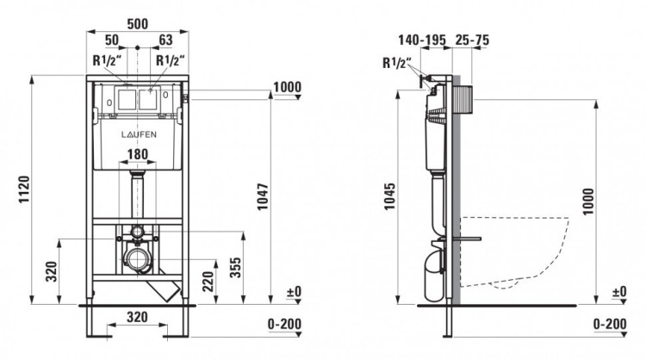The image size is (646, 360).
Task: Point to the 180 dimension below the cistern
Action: coord(138,156)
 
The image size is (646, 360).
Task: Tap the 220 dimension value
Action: coord(207,280)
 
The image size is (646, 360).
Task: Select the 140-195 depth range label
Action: coord(421,40)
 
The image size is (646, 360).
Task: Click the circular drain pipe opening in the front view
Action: coord(136,258)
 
